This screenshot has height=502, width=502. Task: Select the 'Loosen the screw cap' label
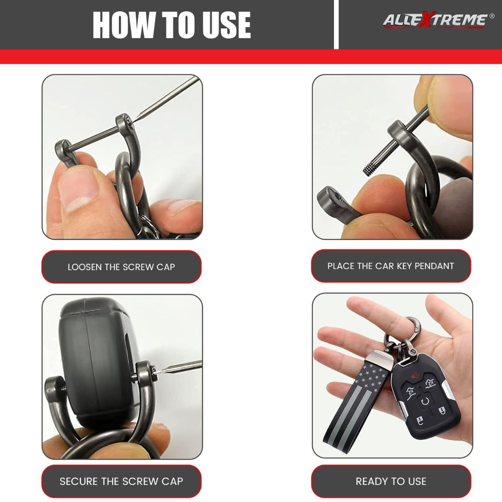pos(121,267)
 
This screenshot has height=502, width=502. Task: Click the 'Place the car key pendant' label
pos(391,266)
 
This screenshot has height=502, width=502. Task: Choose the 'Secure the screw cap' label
pos(121,481)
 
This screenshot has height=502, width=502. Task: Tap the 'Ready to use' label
pos(391,481)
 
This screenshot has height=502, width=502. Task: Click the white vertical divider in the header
pos(336,25)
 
